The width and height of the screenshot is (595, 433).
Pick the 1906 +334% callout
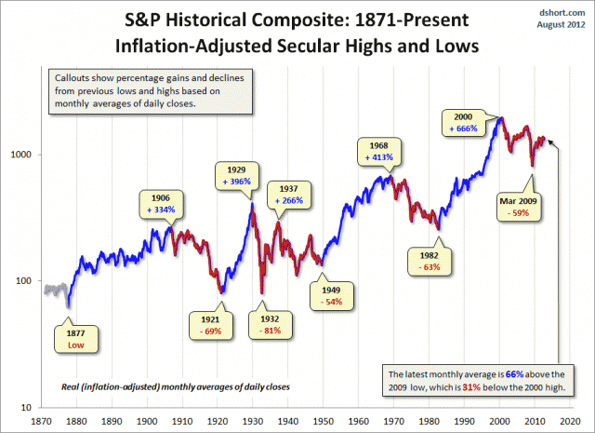click(162, 204)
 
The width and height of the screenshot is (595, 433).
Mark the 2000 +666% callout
click(472, 122)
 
